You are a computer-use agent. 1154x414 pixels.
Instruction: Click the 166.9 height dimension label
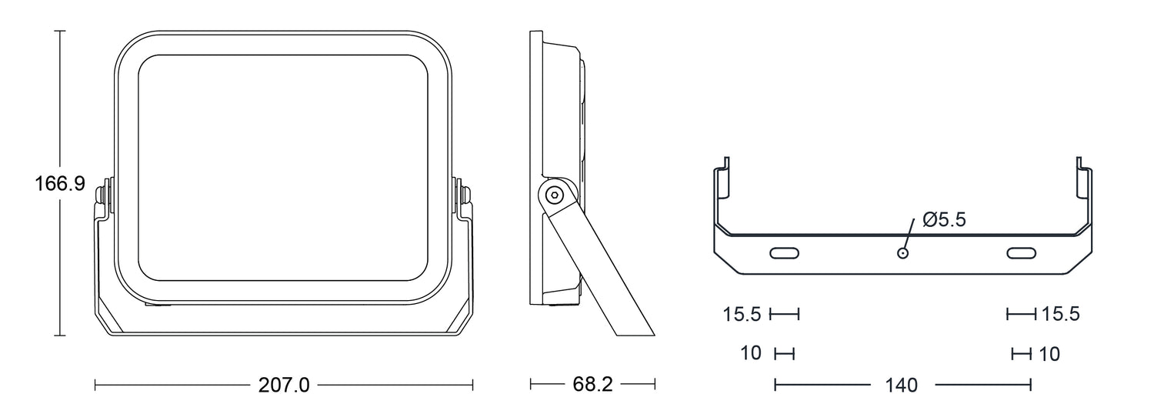[x=60, y=184]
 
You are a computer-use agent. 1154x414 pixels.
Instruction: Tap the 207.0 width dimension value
[x=284, y=385]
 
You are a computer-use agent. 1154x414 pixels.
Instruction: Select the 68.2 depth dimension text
[x=592, y=384]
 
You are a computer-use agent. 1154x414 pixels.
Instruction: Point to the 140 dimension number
[x=902, y=385]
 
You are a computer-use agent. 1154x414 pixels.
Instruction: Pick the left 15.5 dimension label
[x=742, y=314]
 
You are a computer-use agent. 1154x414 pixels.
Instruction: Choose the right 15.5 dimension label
[x=1061, y=313]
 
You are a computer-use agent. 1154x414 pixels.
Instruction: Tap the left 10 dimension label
[x=751, y=353]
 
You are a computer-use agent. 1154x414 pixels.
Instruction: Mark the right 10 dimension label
[x=1049, y=354]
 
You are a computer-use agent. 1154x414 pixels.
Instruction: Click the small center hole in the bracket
[x=902, y=252]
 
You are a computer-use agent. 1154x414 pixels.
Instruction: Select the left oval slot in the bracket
[x=784, y=252]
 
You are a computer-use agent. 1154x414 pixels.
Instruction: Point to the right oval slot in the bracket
[x=1022, y=252]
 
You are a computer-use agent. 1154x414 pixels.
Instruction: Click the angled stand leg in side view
[x=599, y=267]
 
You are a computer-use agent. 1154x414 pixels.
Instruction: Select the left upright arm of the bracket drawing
[x=722, y=196]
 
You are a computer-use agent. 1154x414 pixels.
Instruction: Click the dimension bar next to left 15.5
[x=784, y=313]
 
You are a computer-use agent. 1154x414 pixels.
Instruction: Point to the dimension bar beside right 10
[x=1022, y=354]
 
